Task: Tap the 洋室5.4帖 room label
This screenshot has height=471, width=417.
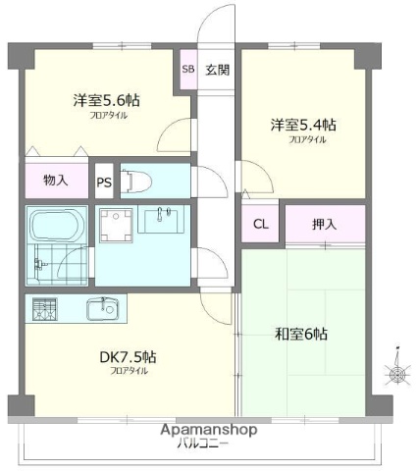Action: (x=304, y=126)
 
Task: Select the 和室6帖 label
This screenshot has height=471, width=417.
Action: (x=301, y=334)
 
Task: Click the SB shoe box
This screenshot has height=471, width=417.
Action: (x=188, y=71)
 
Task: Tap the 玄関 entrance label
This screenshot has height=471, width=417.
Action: (x=218, y=71)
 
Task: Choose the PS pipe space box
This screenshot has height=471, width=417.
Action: (x=104, y=182)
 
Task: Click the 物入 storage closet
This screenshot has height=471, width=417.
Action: (x=56, y=181)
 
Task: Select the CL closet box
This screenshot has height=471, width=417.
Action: (x=260, y=223)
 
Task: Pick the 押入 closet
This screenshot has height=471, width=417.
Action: (x=325, y=223)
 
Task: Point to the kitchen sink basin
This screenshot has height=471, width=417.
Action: (x=101, y=308)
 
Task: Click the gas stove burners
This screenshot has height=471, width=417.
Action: (x=44, y=308)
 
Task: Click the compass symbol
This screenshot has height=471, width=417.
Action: (x=396, y=374)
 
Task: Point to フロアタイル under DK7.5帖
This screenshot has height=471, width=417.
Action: (x=129, y=371)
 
